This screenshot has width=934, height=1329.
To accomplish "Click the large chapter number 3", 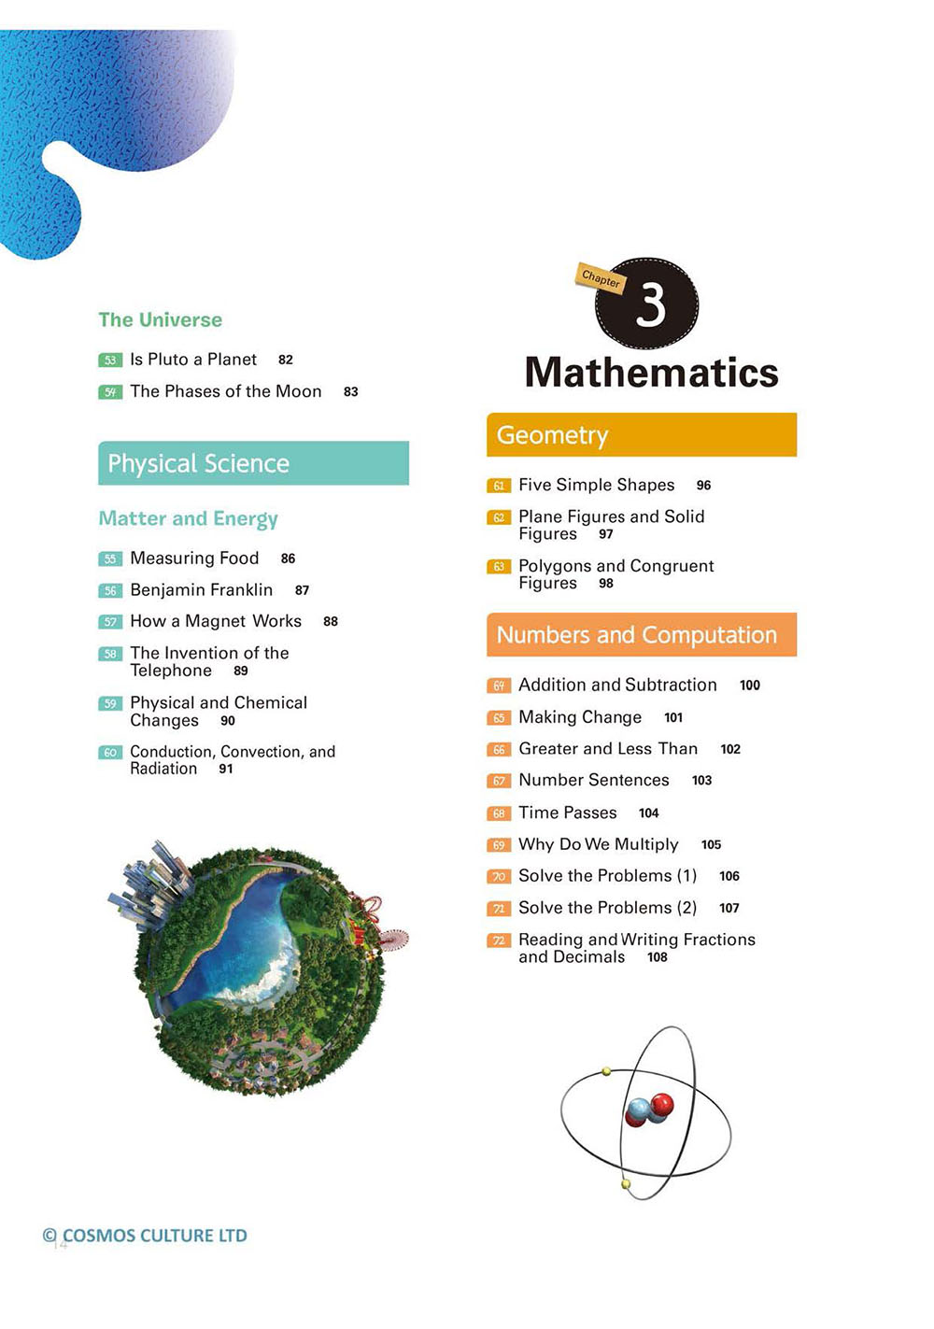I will click(651, 304).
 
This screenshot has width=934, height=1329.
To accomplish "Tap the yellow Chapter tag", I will click(600, 277).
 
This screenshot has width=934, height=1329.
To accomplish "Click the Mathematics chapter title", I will click(651, 373).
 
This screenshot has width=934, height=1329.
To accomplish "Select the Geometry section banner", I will click(642, 435).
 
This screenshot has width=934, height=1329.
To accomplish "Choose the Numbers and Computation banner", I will click(642, 635).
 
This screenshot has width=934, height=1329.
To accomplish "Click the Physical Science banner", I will click(253, 463).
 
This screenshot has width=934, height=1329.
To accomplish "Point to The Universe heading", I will click(161, 319).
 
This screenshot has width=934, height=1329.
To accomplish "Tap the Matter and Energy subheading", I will click(189, 518).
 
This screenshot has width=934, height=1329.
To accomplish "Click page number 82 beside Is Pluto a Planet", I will click(286, 360).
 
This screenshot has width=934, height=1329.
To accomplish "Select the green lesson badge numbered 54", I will click(110, 392).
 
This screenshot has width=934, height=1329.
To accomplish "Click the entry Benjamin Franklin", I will click(202, 590).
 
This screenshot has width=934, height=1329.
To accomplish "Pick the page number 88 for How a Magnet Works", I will click(331, 622).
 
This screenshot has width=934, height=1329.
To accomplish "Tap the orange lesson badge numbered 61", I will click(499, 486).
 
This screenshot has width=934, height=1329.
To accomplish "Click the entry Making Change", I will click(580, 717).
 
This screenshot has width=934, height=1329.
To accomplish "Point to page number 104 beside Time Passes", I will click(649, 813).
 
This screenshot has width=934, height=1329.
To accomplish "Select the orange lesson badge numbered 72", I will click(499, 940).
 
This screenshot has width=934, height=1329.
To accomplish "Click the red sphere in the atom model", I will click(662, 1106).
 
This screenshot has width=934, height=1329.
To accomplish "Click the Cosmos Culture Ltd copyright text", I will click(146, 1236).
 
